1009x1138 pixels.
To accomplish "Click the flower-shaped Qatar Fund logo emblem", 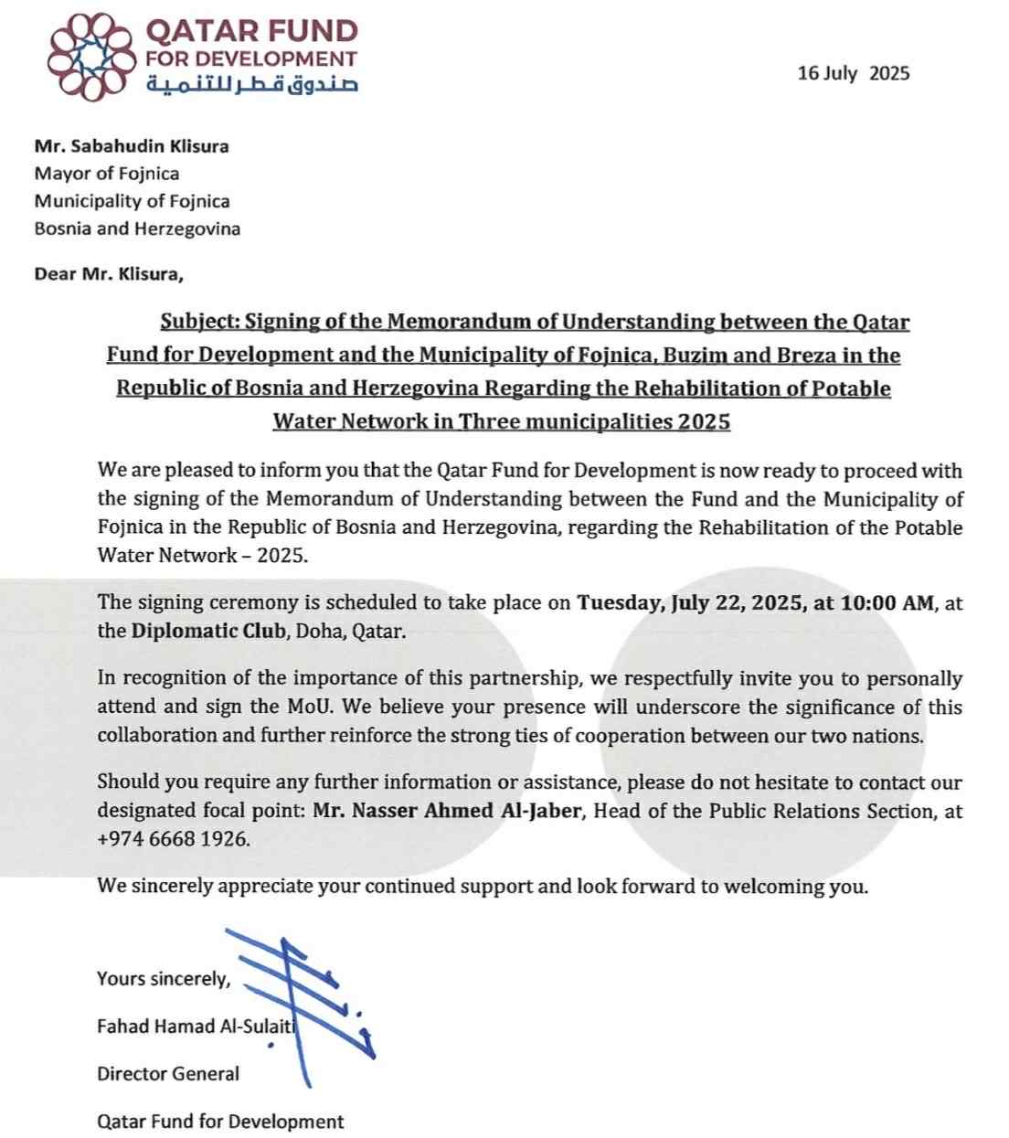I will (x=90, y=57).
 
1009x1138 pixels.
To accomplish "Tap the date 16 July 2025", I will (x=853, y=74).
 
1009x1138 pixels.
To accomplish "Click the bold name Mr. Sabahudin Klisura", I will (x=132, y=146).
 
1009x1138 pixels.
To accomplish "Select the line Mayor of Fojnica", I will (x=107, y=174).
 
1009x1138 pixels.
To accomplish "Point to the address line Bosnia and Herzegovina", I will (x=137, y=229).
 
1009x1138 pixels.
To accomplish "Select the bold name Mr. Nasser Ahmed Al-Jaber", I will (x=447, y=811).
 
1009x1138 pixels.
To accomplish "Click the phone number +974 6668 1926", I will (x=172, y=839).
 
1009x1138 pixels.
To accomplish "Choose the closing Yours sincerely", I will (x=164, y=979).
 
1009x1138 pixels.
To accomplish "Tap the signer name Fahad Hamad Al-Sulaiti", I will (x=196, y=1026).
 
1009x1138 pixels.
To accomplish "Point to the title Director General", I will (x=168, y=1074).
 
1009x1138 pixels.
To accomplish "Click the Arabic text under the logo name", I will (x=251, y=85).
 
